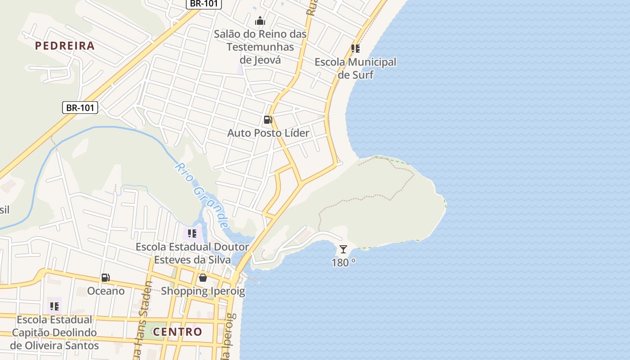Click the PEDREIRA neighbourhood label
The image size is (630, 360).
65,45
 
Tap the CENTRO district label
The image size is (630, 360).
177,332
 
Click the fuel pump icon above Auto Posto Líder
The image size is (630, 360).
268,120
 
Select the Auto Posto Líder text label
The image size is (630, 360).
268,133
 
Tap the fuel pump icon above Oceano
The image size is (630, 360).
105,278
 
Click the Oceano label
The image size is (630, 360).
106,291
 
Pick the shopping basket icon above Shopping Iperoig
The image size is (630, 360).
203,278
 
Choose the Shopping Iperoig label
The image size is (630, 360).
203,291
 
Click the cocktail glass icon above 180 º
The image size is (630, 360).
343,249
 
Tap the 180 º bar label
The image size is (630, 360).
343,262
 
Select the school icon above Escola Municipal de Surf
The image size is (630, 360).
355,49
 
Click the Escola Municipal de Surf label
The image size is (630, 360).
355,68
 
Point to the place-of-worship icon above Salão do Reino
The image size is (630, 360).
260,21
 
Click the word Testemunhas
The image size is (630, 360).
260,47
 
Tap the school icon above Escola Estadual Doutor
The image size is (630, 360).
192,234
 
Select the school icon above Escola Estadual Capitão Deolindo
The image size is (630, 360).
54,306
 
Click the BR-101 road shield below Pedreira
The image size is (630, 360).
80,108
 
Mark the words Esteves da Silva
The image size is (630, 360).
193,260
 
